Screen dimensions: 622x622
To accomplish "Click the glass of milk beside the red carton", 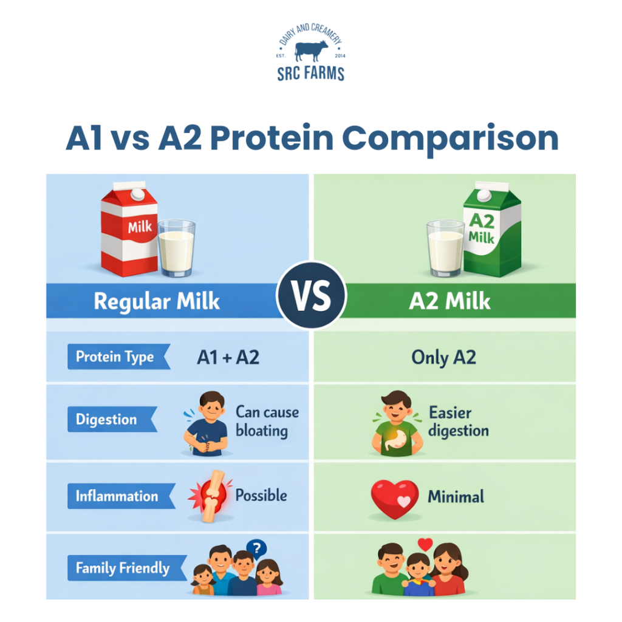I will (x=176, y=248).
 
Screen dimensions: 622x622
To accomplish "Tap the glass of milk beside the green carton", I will (x=445, y=248).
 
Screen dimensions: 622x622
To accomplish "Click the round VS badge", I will (x=311, y=295).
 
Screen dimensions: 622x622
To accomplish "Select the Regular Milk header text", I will (x=157, y=301).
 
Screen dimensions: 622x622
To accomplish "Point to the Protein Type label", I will (x=115, y=357).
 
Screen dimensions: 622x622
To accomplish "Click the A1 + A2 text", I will (x=228, y=357).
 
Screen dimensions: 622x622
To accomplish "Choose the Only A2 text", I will (x=443, y=357).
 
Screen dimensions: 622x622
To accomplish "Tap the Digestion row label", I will (x=106, y=420).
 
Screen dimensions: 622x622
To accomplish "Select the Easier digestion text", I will (x=458, y=422).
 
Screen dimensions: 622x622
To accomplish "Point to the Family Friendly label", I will (x=122, y=569).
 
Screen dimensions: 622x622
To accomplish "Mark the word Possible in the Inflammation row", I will (x=261, y=496).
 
